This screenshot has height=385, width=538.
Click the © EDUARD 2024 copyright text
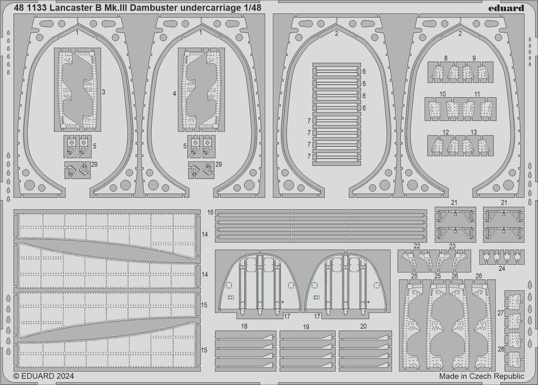[x=44, y=377]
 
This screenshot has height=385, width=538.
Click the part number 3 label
[x=103, y=92]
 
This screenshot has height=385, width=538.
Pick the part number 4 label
[x=175, y=94]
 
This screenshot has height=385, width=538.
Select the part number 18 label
[x=244, y=326]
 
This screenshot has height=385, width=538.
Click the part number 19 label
[x=306, y=326]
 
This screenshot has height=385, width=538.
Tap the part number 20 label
[x=364, y=326]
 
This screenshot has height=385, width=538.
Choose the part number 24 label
[x=501, y=268]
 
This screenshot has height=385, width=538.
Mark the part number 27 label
[x=500, y=312]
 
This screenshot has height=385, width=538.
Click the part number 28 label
[x=500, y=350]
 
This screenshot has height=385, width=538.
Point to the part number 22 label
[x=417, y=246]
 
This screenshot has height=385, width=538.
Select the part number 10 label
[x=442, y=94]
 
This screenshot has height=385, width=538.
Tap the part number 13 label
[x=473, y=132]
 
